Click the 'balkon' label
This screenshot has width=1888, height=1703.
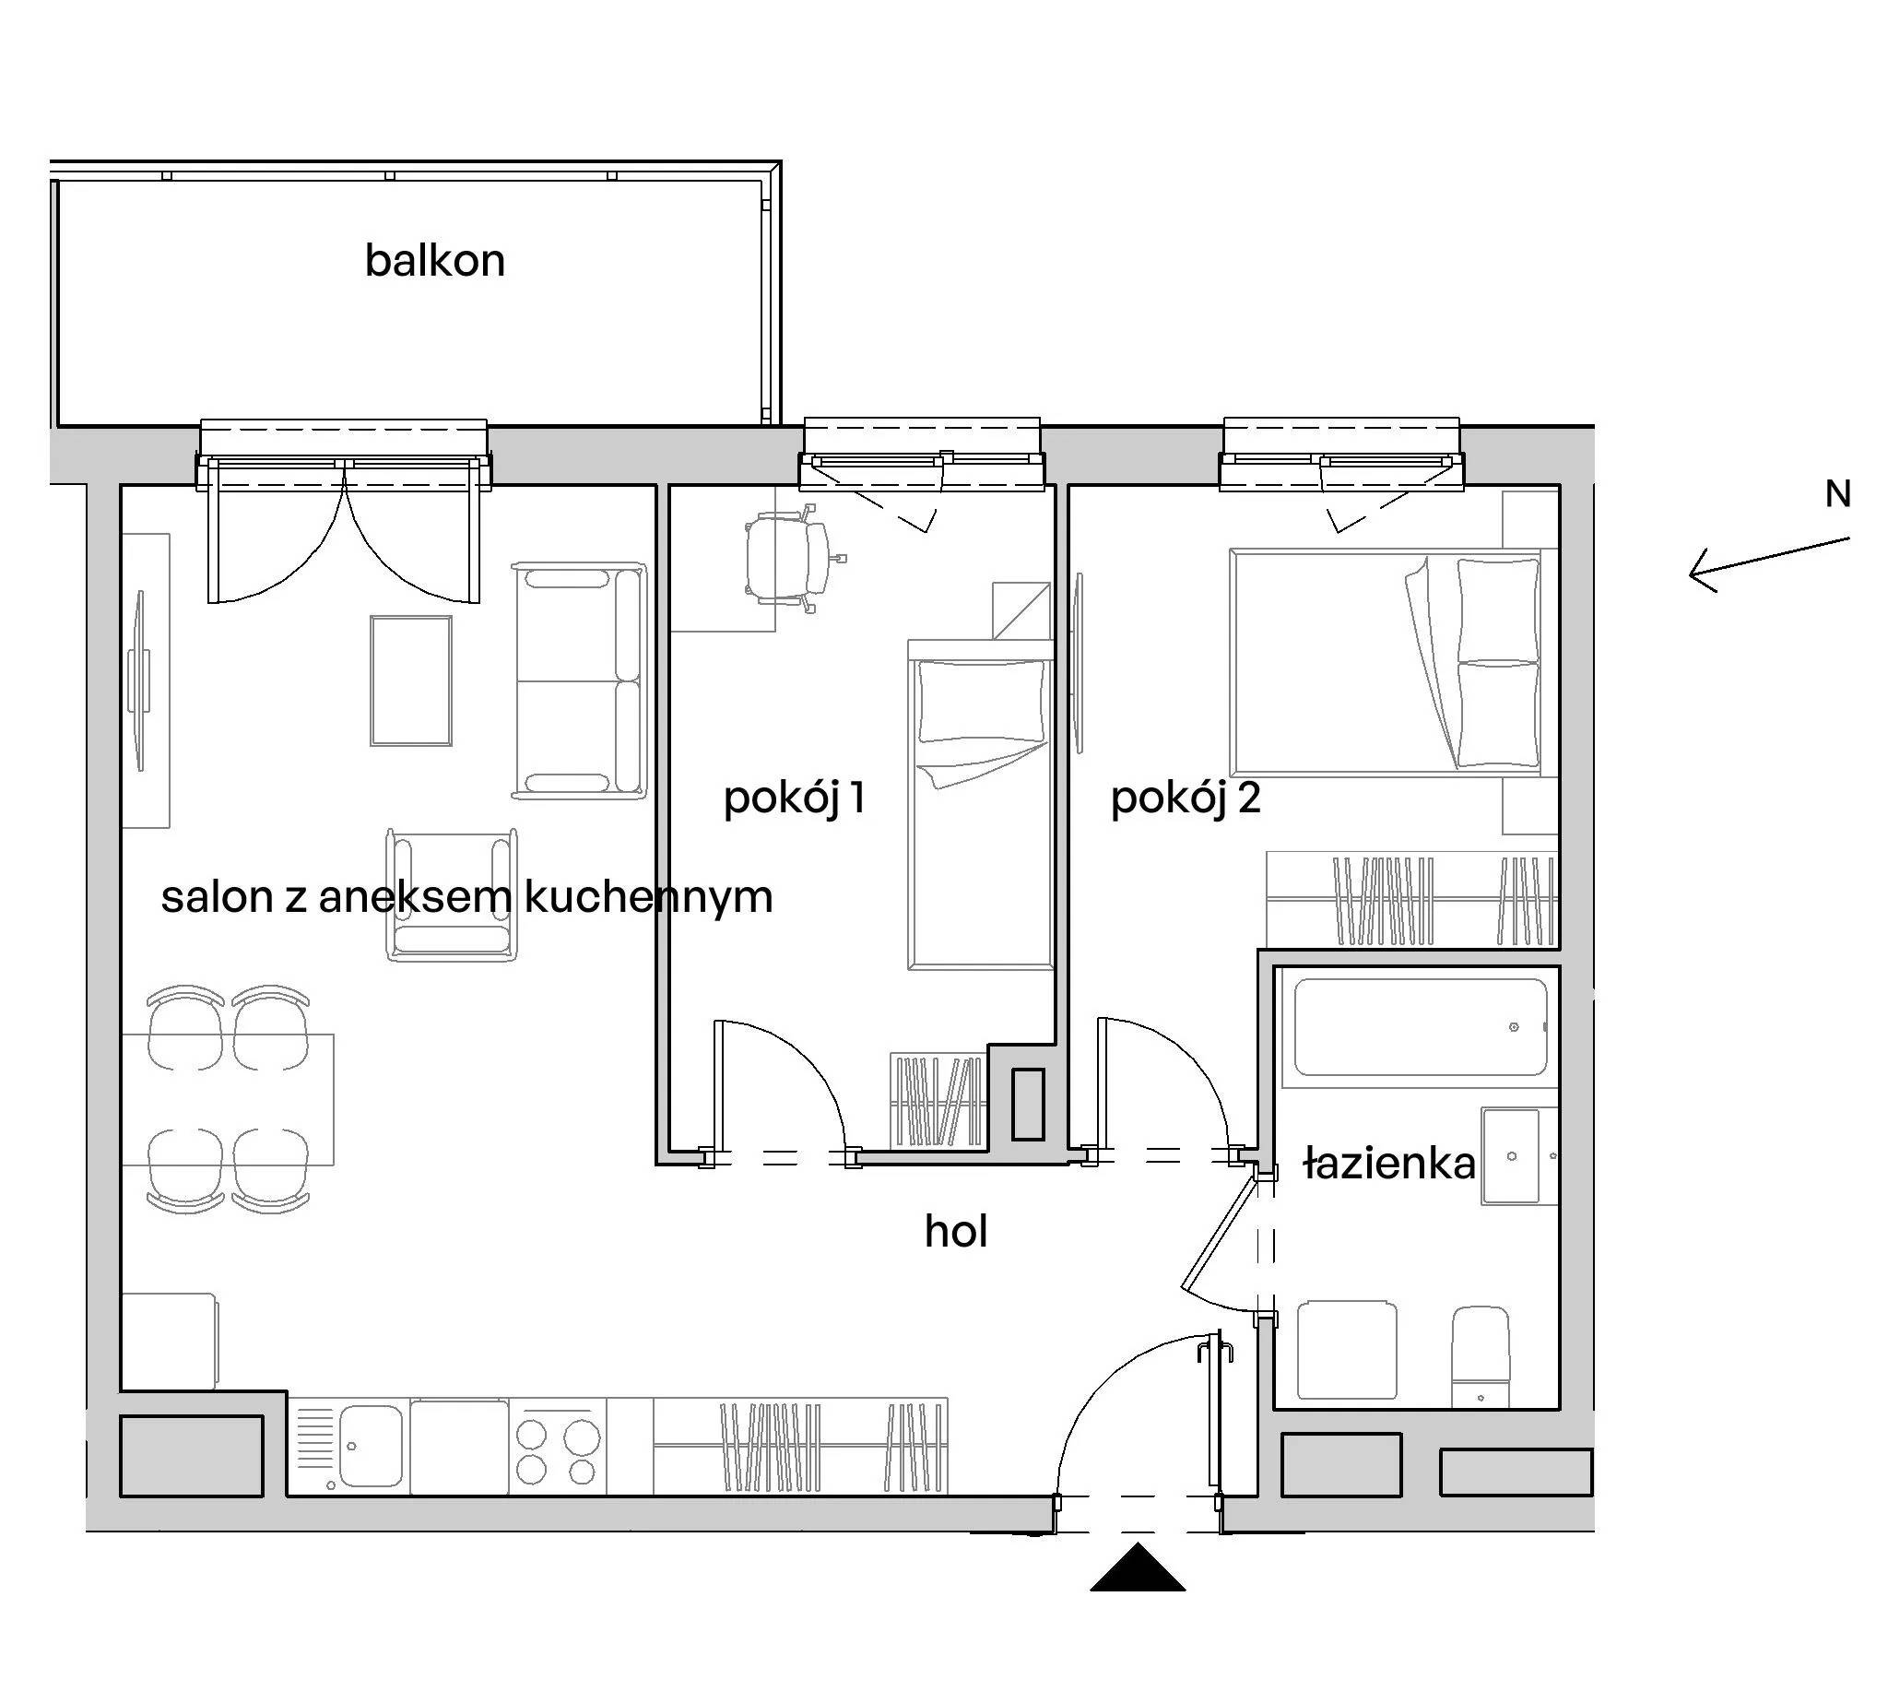coord(435,260)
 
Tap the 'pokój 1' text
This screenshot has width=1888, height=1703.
coord(795,799)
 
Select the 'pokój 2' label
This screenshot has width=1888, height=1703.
coord(1186,799)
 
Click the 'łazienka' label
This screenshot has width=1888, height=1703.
coord(1389,1164)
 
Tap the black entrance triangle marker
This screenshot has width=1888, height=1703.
coord(1138,1567)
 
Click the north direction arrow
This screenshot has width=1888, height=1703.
coord(1769,564)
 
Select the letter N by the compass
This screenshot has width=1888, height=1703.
coord(1837,494)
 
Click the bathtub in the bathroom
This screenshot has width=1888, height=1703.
coord(1420,1026)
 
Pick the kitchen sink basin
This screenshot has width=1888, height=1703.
coord(371,1446)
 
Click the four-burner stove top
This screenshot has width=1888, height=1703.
coord(559,1447)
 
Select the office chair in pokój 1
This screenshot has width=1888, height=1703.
coord(792,559)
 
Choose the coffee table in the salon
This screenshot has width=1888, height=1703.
coord(411,680)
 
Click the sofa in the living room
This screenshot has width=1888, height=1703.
coord(580,681)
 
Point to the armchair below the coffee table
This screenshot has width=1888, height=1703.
coord(452,894)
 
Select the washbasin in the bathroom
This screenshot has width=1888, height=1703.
coord(1510,1156)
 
